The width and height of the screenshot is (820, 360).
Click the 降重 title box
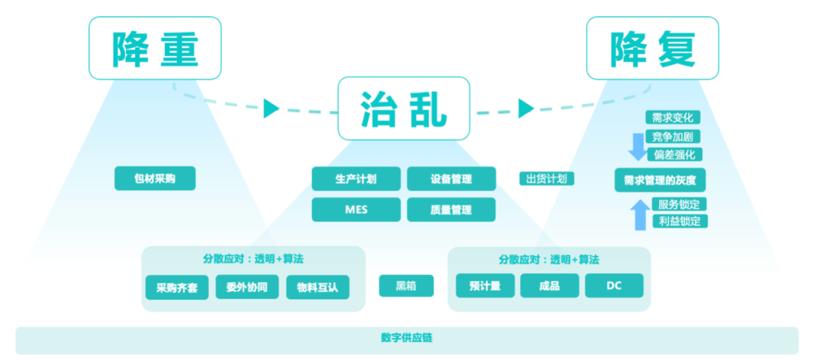(x=155, y=48)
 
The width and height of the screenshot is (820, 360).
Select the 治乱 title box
(x=403, y=109)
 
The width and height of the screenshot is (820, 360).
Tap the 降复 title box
(x=652, y=48)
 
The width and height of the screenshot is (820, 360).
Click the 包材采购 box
(x=155, y=178)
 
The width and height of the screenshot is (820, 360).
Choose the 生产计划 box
(x=356, y=179)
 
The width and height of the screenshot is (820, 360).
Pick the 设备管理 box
(x=451, y=179)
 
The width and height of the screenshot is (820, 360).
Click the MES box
(x=356, y=210)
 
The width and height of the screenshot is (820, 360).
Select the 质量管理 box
(x=451, y=210)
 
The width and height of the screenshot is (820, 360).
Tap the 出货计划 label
(x=547, y=178)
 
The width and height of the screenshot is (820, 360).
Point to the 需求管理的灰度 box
(x=660, y=180)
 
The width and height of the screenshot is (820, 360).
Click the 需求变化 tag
(x=673, y=118)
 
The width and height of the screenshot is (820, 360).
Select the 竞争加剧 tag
(x=673, y=137)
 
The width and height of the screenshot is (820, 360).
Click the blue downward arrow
(x=638, y=144)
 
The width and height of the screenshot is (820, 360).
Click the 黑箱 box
(x=406, y=286)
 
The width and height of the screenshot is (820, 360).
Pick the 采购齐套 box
(x=177, y=287)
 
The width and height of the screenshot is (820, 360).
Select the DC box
(x=614, y=286)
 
